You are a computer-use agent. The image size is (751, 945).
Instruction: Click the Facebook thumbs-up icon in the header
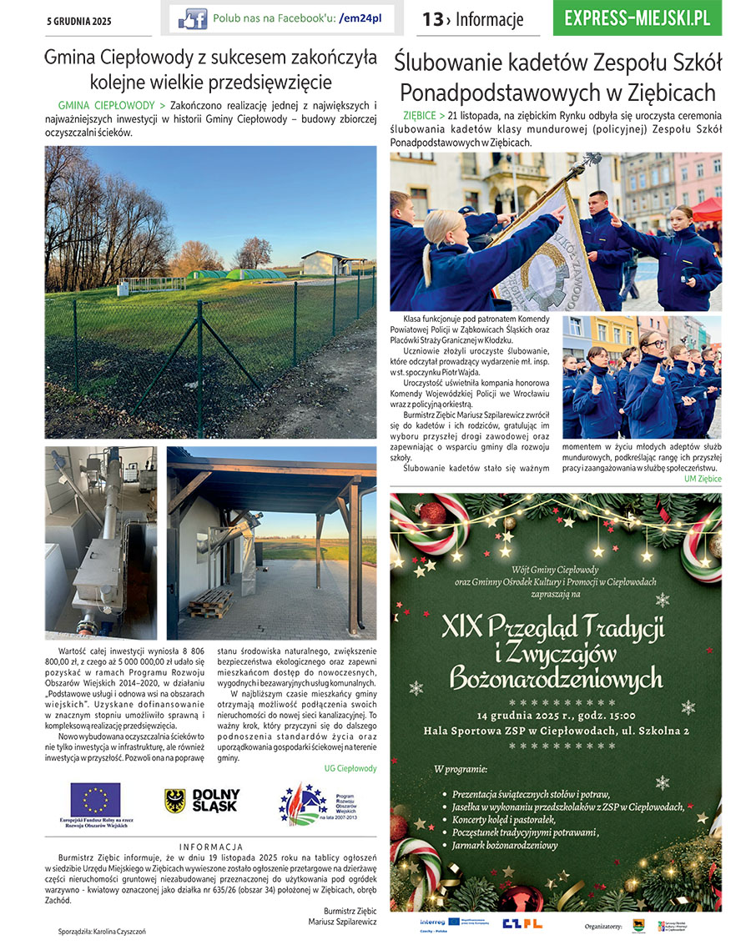(x=192, y=18)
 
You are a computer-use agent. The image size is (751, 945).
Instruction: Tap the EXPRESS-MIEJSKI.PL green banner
(x=637, y=18)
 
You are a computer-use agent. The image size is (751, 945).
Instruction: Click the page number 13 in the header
(x=432, y=19)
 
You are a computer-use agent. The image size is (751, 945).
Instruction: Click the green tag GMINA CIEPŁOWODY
(x=107, y=107)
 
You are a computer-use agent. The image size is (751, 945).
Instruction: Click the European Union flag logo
(x=95, y=798)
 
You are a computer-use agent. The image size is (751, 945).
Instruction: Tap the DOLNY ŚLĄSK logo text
(x=215, y=801)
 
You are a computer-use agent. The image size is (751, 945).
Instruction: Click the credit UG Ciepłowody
(x=350, y=768)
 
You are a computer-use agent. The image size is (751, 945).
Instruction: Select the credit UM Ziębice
(x=703, y=479)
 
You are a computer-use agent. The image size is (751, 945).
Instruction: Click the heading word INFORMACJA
(x=211, y=847)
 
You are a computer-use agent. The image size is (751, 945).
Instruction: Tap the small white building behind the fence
(x=325, y=263)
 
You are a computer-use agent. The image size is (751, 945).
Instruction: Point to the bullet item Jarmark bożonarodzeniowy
(x=505, y=846)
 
